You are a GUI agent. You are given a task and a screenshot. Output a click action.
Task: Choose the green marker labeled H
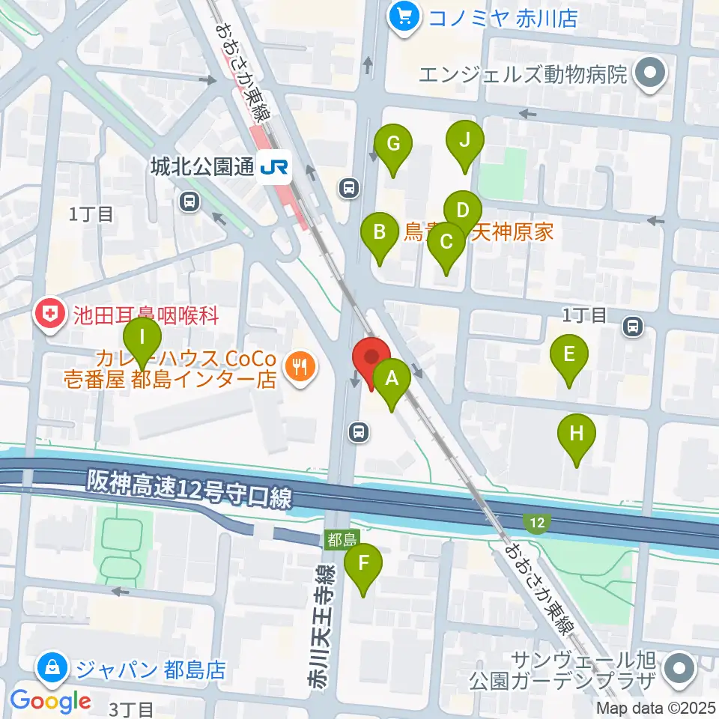pos(576,434)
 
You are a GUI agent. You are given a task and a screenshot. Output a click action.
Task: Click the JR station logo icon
pos(275,168)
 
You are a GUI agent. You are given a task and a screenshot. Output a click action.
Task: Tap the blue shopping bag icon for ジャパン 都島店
pos(54,665)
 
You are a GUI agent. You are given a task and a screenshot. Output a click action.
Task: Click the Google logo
pos(51,701)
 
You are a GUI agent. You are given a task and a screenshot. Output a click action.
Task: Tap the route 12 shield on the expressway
pos(535,523)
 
